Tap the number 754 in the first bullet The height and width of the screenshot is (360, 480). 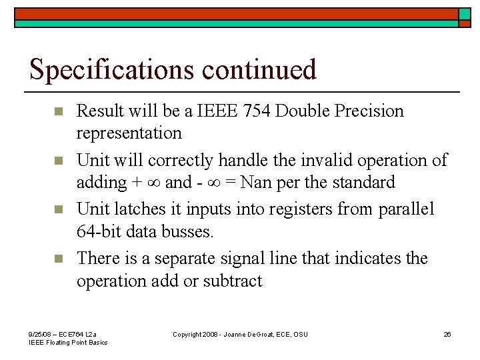[247, 111]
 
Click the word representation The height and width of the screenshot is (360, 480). [129, 133]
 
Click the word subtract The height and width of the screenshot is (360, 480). [234, 281]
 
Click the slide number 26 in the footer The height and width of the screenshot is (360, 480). [447, 334]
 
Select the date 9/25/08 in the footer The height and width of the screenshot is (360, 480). [39, 333]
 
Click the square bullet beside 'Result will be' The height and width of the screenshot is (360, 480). [58, 111]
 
